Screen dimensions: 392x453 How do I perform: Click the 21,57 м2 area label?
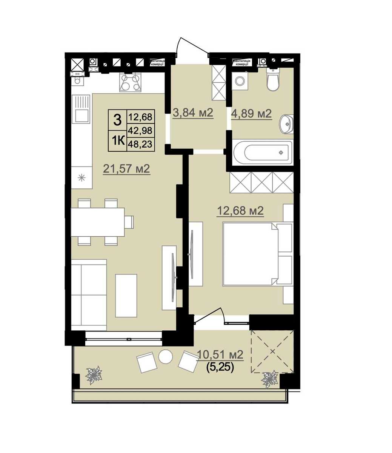click(x=126, y=169)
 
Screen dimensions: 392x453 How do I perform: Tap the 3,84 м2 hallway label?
click(x=193, y=113)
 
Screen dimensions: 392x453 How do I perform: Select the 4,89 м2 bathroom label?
click(x=252, y=114)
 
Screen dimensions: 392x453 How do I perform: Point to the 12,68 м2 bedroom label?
click(x=240, y=211)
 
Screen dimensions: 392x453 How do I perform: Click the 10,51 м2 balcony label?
click(x=220, y=354)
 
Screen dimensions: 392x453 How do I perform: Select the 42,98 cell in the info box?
click(x=140, y=131)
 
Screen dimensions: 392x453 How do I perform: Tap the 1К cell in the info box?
click(x=118, y=141)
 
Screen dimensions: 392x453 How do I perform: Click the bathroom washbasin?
click(x=286, y=124)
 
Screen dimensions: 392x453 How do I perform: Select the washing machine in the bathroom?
click(x=240, y=81)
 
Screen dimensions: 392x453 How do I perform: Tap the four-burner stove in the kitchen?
click(x=130, y=82)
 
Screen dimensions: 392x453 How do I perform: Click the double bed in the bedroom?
click(x=258, y=254)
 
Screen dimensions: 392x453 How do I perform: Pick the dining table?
click(x=98, y=222)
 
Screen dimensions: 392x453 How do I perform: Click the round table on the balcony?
click(x=165, y=357)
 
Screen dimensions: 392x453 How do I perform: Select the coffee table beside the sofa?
click(x=126, y=296)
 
